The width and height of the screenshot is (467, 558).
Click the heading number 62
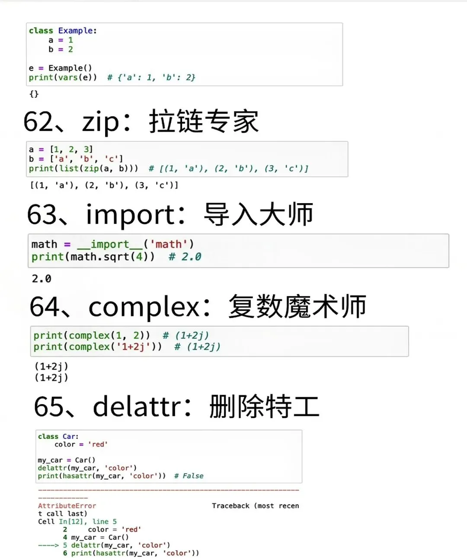(x=38, y=121)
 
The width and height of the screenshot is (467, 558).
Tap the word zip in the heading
(x=100, y=122)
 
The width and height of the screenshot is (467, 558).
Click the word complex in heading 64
(x=144, y=307)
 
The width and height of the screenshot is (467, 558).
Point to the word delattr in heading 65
(x=137, y=407)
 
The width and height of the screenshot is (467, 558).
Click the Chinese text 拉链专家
(x=204, y=121)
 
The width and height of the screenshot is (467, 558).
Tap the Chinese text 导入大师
(x=258, y=215)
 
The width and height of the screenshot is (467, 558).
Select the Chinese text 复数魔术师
(x=297, y=306)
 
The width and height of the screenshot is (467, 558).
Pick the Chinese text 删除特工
(x=264, y=407)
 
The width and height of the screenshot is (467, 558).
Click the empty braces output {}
(x=34, y=94)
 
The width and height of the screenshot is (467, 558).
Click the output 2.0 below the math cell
(x=42, y=279)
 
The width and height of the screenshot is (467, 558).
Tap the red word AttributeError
(x=67, y=506)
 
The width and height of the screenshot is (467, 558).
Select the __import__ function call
(x=110, y=245)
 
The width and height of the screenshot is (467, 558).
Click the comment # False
(x=189, y=476)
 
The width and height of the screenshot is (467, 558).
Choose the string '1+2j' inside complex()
(x=133, y=347)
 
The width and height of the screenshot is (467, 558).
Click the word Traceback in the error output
(x=230, y=506)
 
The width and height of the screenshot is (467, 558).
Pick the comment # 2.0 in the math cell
(x=185, y=257)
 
